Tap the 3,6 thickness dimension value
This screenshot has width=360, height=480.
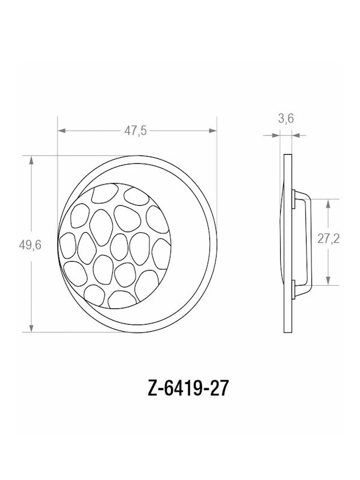(x=286, y=119)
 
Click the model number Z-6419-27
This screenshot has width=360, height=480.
(x=179, y=389)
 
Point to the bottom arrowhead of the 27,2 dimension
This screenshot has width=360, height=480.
(x=328, y=283)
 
